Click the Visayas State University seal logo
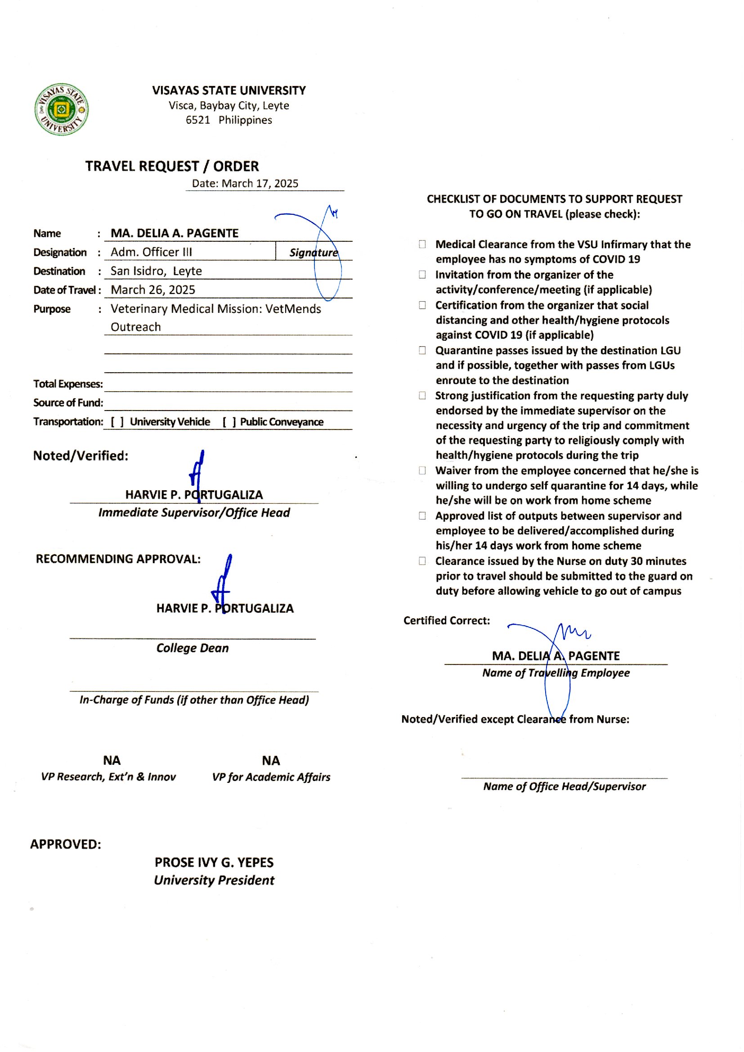(61, 109)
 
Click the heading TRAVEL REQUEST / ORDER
(172, 166)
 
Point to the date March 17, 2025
(260, 183)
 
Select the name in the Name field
(175, 233)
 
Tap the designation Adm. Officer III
(151, 252)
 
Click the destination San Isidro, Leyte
(156, 271)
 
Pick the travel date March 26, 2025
(152, 290)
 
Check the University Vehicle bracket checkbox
(117, 422)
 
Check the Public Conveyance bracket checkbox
(229, 422)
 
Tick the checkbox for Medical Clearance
(422, 244)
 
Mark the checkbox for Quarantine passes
(422, 350)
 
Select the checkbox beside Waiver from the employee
(422, 470)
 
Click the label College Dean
(193, 648)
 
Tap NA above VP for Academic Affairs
(271, 760)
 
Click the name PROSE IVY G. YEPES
(214, 862)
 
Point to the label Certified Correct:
(446, 620)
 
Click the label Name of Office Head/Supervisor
(564, 786)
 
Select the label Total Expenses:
(68, 384)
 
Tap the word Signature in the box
(314, 253)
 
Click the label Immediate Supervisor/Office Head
(194, 512)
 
